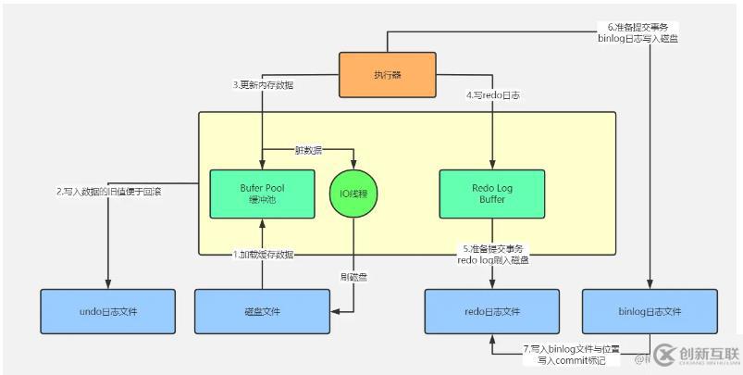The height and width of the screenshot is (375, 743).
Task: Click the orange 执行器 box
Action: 387,75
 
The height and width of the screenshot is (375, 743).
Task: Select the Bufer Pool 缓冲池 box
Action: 262,194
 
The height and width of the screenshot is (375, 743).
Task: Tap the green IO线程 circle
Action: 354,194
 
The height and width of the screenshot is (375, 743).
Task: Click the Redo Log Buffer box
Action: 491,194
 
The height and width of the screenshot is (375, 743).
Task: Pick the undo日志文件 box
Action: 108,311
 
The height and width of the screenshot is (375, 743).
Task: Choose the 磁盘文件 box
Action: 262,311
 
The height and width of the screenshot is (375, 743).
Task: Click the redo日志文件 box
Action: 491,311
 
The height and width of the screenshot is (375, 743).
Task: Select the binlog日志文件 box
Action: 649,311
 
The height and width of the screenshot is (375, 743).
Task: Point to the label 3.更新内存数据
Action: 263,85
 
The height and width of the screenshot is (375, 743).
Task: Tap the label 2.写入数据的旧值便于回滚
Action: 109,192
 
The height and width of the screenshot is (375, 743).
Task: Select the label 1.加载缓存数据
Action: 263,254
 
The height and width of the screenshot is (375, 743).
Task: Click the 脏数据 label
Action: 307,149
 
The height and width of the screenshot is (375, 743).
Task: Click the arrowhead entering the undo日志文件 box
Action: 109,284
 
